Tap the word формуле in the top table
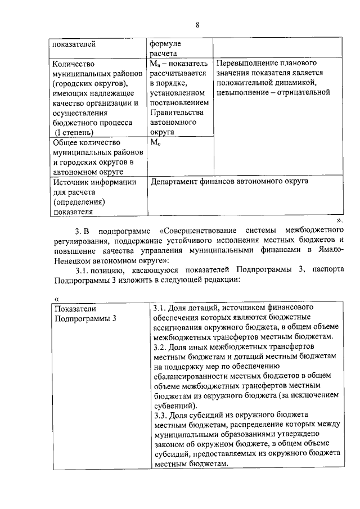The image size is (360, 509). [x=164, y=43]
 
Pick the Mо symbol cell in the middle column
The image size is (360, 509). [x=156, y=143]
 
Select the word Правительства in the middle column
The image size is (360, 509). [x=176, y=112]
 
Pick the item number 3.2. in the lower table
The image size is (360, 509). [x=161, y=348]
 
